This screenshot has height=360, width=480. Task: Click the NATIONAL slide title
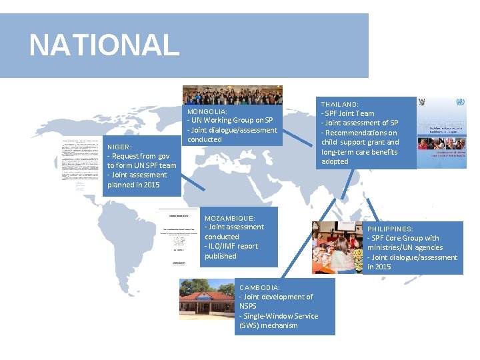click(104, 45)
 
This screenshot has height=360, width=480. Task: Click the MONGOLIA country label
click(207, 111)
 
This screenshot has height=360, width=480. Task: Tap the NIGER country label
click(120, 147)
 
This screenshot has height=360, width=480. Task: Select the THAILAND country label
click(340, 105)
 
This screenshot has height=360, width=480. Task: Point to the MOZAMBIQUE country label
click(230, 218)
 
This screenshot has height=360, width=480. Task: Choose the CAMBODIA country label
click(260, 287)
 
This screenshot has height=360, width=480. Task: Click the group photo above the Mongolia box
click(232, 94)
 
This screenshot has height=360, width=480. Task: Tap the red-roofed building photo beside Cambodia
click(206, 299)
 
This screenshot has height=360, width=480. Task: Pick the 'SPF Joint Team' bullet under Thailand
click(349, 113)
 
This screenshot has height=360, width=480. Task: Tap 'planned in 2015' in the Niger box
click(133, 185)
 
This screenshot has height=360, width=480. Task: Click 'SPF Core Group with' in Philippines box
click(404, 238)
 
